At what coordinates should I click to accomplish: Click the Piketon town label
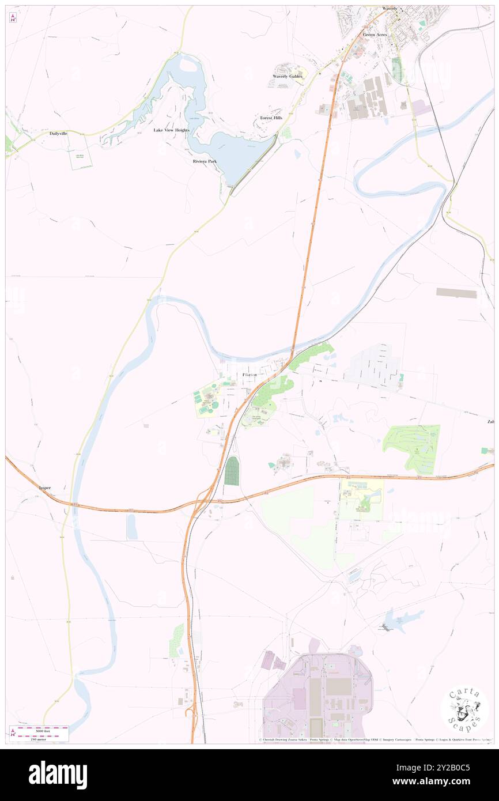(249, 375)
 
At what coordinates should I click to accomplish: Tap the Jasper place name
(44, 488)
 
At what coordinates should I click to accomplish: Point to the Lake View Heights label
(171, 130)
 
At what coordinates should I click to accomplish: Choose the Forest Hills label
(271, 118)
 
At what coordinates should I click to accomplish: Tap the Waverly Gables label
(287, 76)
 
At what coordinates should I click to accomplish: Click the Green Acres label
(375, 35)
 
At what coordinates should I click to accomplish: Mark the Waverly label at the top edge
(390, 9)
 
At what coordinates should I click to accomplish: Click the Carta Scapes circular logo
(464, 709)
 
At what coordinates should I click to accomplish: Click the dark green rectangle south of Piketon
(232, 471)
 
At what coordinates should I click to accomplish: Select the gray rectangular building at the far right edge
(456, 293)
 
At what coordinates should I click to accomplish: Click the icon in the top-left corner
(13, 18)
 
